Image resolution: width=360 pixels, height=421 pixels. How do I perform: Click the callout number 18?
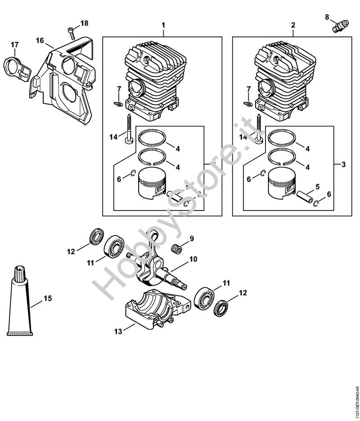(x=85, y=23)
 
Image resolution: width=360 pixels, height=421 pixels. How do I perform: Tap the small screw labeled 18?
(x=72, y=31)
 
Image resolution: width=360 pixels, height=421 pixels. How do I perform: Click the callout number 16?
(x=40, y=40)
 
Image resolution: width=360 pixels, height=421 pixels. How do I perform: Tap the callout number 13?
(x=118, y=332)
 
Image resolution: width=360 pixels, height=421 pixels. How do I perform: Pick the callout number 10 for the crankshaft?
(x=193, y=259)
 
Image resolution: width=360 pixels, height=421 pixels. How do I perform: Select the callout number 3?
(x=343, y=165)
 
